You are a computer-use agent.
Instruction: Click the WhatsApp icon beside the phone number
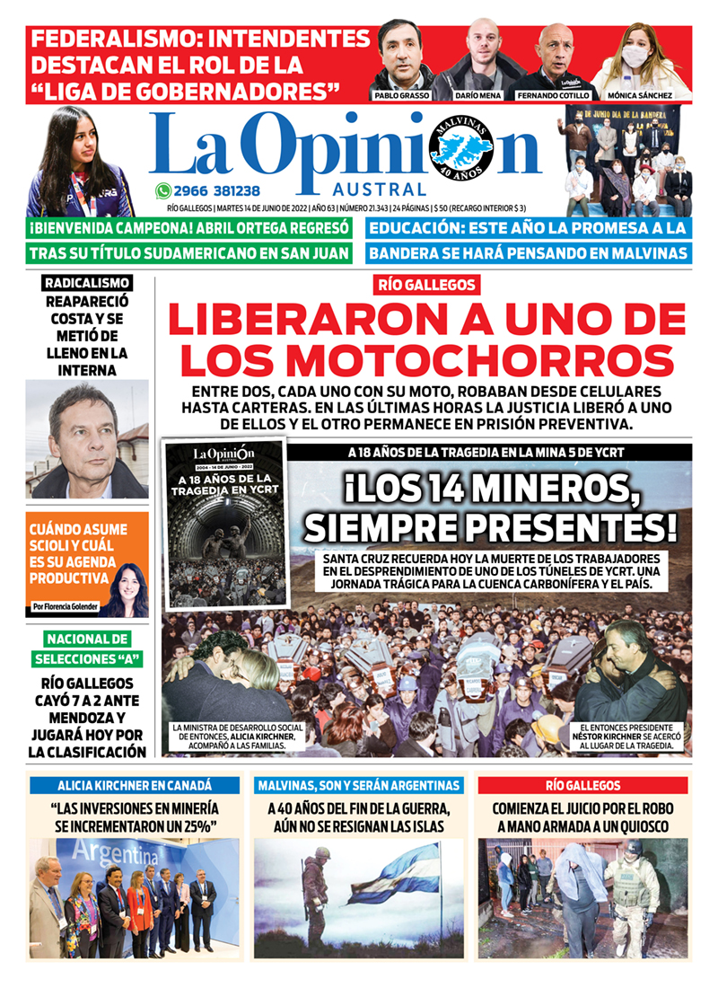[x=162, y=190]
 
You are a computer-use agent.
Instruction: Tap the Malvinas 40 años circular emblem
[x=461, y=147]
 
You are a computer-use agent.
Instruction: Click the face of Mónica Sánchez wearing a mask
[x=635, y=56]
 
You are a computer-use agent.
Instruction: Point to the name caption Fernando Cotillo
[x=553, y=95]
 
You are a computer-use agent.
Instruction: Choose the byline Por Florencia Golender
[x=65, y=606]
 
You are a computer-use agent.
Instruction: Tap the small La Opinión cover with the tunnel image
[x=224, y=522]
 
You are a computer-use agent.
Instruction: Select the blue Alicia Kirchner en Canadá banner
[x=135, y=785]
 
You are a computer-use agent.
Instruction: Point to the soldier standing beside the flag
[x=314, y=889]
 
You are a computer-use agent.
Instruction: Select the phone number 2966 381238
[x=218, y=190]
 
